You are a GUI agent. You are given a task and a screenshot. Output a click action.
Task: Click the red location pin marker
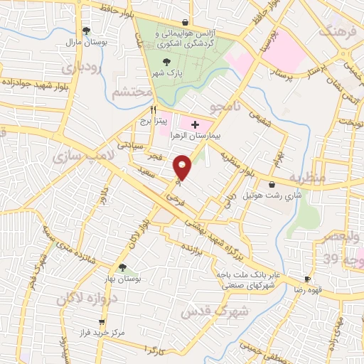coord(183,168)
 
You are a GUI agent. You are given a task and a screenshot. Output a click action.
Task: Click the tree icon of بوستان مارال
coord(86,31)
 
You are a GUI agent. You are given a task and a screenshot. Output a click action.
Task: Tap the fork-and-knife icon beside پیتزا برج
coord(152,111)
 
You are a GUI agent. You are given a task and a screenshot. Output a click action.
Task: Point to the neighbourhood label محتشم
coord(133,92)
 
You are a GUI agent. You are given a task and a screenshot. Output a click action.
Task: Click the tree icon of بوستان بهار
coord(122,267)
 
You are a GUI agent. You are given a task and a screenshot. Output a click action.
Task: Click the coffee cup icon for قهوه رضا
coord(308,279)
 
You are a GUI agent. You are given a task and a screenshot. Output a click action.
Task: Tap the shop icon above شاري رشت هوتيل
coord(272,184)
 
